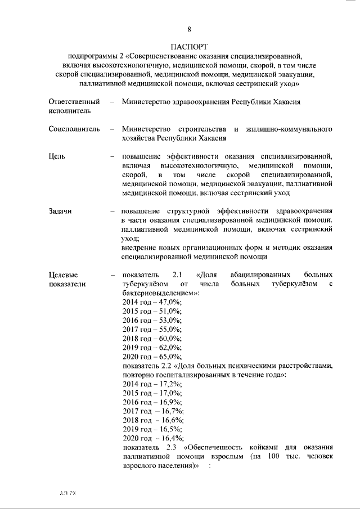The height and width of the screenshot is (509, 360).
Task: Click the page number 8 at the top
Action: point(189,29)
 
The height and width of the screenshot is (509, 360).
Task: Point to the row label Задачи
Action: point(61,211)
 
